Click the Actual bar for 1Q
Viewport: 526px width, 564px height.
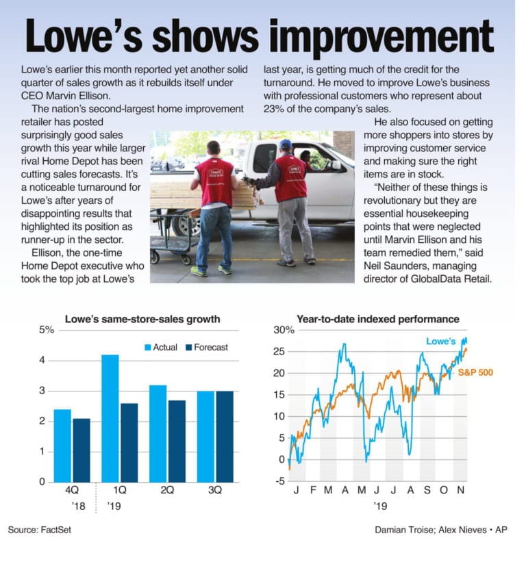point(110,418)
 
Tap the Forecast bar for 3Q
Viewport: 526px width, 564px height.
point(225,436)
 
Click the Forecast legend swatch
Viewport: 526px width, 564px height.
point(189,348)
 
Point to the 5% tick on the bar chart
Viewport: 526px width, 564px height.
point(47,330)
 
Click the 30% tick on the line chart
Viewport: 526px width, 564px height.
point(284,330)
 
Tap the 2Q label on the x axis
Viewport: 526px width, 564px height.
point(167,490)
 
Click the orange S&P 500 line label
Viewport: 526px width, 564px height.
point(475,372)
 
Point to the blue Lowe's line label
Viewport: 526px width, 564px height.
point(441,341)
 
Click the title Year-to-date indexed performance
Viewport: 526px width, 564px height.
point(378,319)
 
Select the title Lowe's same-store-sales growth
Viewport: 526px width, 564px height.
point(142,319)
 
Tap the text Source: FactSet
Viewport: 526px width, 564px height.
point(40,530)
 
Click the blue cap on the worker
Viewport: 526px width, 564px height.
point(285,144)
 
